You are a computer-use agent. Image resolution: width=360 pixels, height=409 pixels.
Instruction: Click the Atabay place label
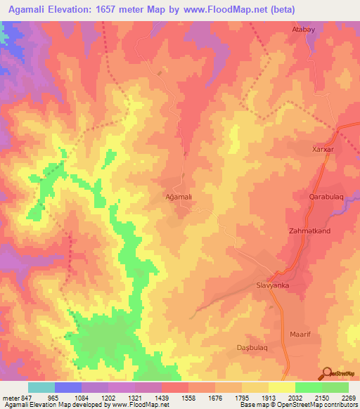pos(305,30)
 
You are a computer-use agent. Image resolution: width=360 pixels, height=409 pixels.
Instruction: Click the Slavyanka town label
pos(271,286)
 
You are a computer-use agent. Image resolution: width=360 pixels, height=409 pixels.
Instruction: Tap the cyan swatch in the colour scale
pos(41,387)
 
